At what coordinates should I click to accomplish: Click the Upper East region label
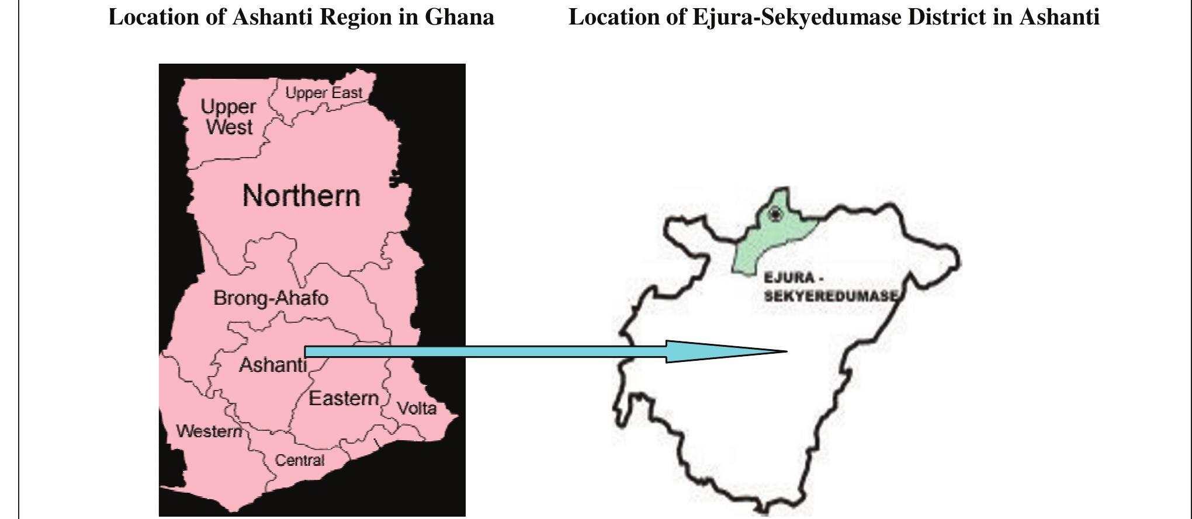click(x=324, y=93)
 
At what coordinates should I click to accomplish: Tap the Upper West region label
click(x=228, y=117)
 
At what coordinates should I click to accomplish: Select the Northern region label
click(x=301, y=196)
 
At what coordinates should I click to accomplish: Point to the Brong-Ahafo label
click(x=271, y=298)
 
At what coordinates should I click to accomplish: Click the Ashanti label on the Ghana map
click(x=272, y=365)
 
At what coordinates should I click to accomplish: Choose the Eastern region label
click(x=344, y=399)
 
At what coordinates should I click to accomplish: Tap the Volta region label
click(x=417, y=408)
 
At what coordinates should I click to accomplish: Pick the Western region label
click(x=209, y=431)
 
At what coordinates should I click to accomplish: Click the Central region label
click(x=300, y=461)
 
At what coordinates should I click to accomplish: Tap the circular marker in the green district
click(x=775, y=214)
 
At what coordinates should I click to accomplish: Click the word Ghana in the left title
click(x=459, y=18)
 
